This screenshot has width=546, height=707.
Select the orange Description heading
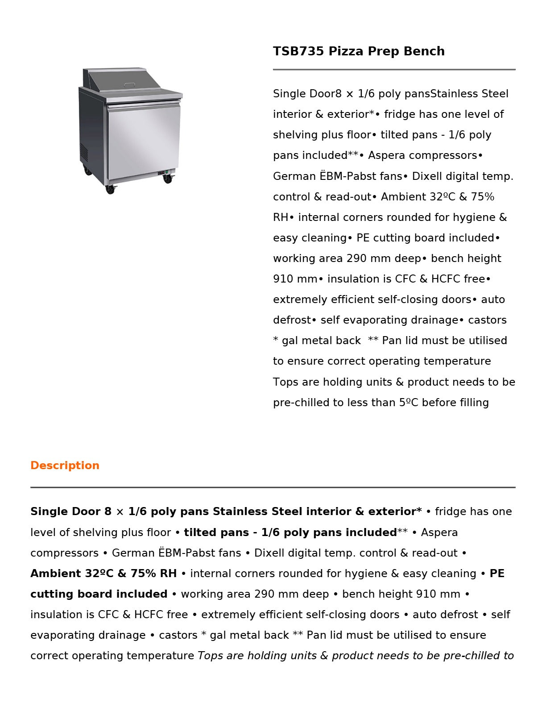65,466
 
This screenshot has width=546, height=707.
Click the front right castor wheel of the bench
167,179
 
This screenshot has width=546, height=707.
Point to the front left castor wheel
110,189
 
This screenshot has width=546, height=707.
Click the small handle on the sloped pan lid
129,84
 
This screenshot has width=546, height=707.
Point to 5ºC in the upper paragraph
408,403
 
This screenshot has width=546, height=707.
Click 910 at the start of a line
282,279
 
